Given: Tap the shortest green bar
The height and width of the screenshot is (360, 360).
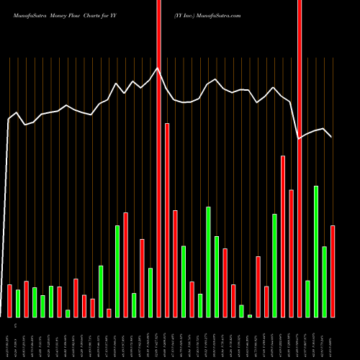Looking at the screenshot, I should [x=250, y=315].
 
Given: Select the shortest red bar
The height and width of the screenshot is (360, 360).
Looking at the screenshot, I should [x=109, y=312].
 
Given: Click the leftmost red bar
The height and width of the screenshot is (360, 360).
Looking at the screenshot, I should [x=9, y=300].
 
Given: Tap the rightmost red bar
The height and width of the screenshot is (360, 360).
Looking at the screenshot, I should [x=333, y=271].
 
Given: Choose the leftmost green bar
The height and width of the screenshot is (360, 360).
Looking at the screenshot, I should [x=18, y=303].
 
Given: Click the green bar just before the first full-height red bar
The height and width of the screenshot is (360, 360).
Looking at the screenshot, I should [x=150, y=292].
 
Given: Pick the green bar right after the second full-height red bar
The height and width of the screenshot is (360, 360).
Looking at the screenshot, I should [x=307, y=299].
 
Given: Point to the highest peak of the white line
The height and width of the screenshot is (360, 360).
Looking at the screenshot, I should [x=158, y=68].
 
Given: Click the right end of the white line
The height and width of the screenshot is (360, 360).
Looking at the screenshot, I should [x=332, y=137].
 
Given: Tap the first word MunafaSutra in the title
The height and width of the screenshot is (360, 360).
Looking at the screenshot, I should [x=31, y=14].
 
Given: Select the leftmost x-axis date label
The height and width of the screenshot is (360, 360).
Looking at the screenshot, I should [x=9, y=338].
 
